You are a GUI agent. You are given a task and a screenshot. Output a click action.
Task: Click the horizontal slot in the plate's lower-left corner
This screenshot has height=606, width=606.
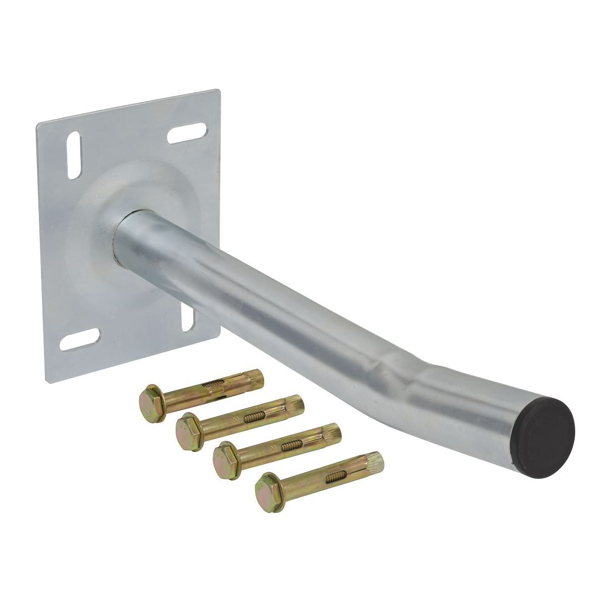pos(80,340)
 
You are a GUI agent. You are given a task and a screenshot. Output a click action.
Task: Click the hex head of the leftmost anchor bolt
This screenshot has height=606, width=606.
pos(151,402)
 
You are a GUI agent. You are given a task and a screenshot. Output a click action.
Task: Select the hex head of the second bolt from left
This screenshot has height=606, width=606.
pos(188,427)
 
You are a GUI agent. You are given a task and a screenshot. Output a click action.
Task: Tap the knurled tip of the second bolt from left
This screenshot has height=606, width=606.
pos(296,405)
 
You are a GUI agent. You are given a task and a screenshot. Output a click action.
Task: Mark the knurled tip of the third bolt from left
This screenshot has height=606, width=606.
pos(333,433)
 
